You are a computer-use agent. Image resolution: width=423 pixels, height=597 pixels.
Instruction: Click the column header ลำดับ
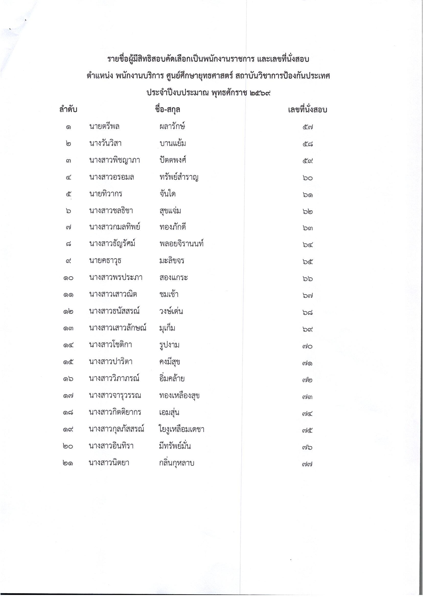pos(68,110)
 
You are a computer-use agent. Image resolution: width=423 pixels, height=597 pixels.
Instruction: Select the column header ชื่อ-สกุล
pos(167,110)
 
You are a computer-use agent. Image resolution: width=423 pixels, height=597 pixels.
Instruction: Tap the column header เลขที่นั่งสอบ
pos(307,110)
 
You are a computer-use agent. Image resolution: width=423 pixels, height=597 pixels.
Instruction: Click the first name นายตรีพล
pos(104,127)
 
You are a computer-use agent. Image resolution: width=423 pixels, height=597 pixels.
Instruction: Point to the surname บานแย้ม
pos(173,144)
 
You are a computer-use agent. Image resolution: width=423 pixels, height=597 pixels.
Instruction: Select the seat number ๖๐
pos(308,178)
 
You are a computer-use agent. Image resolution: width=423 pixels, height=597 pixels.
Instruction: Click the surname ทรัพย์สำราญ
pos(179,177)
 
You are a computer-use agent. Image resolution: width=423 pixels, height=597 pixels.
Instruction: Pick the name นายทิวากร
pos(106,194)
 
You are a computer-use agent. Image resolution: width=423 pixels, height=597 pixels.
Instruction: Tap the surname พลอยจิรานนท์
pos(181,244)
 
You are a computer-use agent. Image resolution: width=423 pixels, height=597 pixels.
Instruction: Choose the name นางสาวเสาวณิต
pos(113,295)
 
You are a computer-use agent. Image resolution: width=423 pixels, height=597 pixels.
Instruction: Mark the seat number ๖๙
pos(308,329)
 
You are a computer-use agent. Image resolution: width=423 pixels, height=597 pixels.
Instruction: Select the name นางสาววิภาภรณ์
pos(114,379)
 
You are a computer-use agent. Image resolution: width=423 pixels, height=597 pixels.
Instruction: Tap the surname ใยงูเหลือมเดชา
pos(181,429)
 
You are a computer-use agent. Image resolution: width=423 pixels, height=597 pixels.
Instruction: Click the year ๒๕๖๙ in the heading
pos(260,93)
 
